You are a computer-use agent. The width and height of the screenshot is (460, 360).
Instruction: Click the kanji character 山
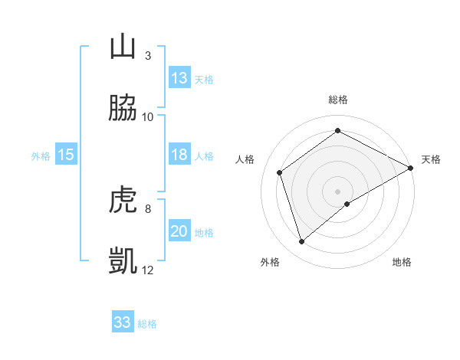[123, 46]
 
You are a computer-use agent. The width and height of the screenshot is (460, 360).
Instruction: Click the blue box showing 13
[179, 78]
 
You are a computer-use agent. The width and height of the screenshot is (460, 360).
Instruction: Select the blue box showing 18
[179, 155]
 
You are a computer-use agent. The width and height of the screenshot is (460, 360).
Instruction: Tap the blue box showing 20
[179, 231]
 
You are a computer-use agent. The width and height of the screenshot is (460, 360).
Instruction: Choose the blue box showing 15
[66, 155]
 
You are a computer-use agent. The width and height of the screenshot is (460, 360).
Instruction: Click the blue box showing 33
[123, 322]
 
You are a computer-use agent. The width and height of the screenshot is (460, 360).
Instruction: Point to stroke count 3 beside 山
[148, 55]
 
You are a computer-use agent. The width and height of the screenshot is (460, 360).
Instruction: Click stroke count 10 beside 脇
[148, 116]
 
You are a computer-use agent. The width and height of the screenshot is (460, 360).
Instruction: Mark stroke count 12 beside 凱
[148, 270]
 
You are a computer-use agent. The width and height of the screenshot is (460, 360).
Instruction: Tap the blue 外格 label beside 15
[41, 156]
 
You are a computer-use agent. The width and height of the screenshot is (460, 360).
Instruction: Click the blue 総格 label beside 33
[147, 324]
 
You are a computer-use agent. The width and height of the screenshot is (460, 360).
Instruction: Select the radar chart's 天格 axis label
[432, 159]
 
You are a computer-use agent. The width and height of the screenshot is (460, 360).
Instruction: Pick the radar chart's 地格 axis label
[402, 262]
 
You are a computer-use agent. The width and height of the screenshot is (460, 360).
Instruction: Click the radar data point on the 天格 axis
[412, 167]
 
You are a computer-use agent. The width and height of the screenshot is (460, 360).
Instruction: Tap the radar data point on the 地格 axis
[347, 204]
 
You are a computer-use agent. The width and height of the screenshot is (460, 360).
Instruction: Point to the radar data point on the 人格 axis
[280, 172]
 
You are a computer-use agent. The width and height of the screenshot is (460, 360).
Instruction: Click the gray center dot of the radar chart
[338, 191]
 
